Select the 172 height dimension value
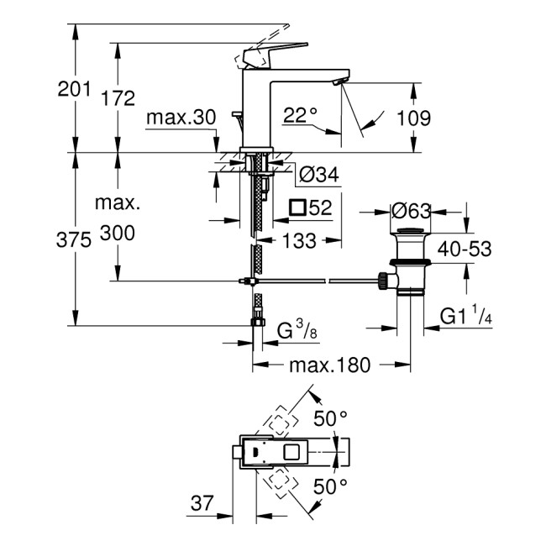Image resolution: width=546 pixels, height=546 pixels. tap(118, 98)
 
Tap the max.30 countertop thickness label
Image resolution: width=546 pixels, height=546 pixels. tap(181, 118)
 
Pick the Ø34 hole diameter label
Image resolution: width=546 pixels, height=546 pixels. tap(318, 175)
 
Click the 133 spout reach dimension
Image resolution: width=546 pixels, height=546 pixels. tap(299, 241)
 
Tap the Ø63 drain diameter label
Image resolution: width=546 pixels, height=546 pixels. tap(412, 209)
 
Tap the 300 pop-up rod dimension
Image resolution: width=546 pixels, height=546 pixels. tap(118, 234)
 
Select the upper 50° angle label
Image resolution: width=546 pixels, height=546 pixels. tap(331, 417)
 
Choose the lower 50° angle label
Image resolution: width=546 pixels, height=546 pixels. tap(331, 486)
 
